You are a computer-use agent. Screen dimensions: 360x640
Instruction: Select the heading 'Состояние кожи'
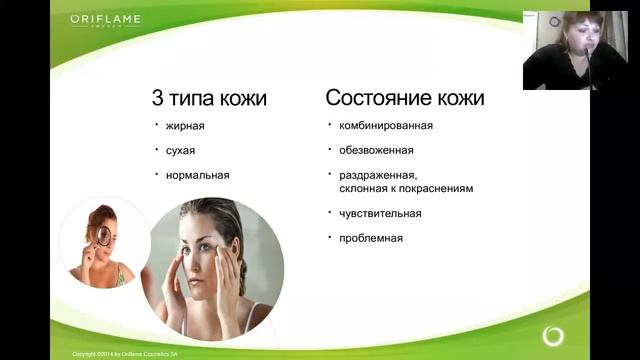coord(405,98)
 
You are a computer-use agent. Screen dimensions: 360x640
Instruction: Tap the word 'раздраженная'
coord(376,175)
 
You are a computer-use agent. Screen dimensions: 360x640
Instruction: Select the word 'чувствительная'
coord(380,213)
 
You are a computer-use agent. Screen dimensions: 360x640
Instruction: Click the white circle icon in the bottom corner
coord(552,335)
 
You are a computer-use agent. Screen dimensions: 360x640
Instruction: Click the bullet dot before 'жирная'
coord(156,124)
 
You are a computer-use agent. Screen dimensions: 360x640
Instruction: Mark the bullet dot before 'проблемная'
coord(331,237)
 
